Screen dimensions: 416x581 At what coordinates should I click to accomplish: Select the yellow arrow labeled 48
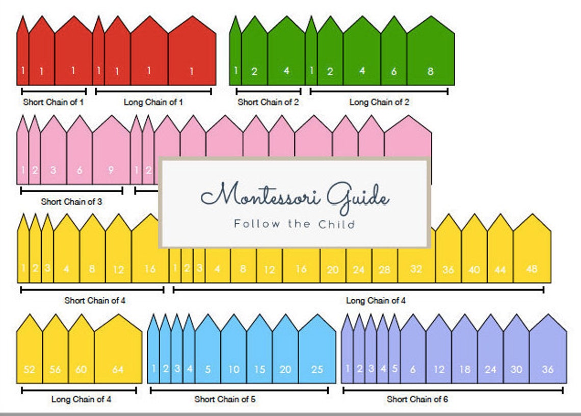[532, 255]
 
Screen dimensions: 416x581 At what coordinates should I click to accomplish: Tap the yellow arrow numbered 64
[118, 354]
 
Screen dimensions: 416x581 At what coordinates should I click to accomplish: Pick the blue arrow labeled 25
[317, 354]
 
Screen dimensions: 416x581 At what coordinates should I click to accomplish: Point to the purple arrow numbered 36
[548, 354]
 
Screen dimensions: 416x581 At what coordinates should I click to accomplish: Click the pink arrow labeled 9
[111, 155]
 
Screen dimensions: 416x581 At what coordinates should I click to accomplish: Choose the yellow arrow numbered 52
[30, 354]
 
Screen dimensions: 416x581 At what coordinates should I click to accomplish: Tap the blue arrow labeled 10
[233, 354]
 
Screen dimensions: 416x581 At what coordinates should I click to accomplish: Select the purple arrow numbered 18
[464, 354]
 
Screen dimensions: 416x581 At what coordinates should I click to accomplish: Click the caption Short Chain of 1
[54, 102]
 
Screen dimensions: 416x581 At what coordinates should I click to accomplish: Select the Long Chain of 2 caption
[379, 102]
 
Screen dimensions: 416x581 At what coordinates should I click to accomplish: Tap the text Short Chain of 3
[71, 201]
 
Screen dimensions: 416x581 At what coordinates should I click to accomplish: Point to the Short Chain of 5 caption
[225, 399]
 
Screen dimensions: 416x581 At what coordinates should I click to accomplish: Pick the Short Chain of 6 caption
[417, 399]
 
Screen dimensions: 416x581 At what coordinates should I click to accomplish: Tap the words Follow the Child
[294, 224]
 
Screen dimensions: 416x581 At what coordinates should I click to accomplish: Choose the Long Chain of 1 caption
[153, 102]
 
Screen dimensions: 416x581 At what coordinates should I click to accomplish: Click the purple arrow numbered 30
[516, 354]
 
